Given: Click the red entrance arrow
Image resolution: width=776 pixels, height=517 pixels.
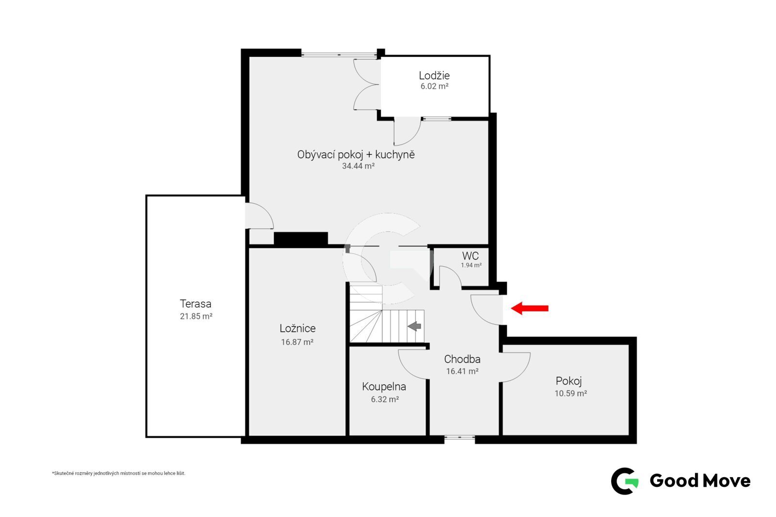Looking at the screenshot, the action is point(529,308).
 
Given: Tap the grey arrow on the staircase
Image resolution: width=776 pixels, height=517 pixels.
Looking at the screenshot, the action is point(414,326).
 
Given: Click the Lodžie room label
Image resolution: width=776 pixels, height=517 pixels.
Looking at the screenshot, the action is point(434,75).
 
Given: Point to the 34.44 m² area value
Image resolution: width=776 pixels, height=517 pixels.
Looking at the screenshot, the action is point(358,166).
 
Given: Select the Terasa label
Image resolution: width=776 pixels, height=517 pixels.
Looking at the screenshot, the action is point(195,304).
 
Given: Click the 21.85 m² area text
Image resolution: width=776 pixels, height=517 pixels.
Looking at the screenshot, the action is point(196,316).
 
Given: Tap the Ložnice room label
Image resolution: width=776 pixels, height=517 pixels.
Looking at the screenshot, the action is point(298,328).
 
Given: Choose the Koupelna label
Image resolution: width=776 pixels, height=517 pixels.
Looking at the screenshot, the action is point(384,387).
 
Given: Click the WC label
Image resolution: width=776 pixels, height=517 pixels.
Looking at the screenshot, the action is point(470,256).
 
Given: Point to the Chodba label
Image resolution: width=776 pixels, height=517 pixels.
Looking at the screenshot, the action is point(462,359).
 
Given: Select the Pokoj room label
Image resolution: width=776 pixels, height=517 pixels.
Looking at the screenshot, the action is point(568,381).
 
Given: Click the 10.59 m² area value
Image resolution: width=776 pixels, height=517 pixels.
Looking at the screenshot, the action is point(570,393).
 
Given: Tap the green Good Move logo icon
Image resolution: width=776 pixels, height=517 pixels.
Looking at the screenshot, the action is point(624,481).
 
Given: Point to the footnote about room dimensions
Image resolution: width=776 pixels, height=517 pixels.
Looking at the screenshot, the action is point(119,473).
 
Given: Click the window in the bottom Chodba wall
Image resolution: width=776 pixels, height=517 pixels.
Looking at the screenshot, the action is point(459,437).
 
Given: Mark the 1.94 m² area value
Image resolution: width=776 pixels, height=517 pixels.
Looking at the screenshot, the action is point(471,265).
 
